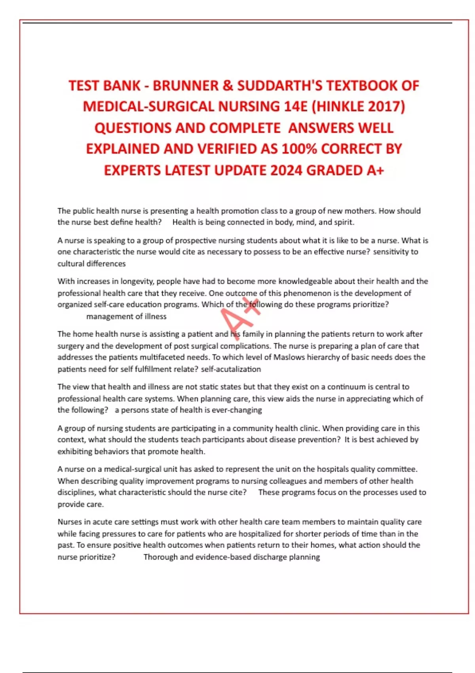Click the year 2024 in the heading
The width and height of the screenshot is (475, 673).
pyautogui.click(x=287, y=171)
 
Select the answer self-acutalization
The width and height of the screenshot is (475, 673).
pyautogui.click(x=231, y=369)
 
